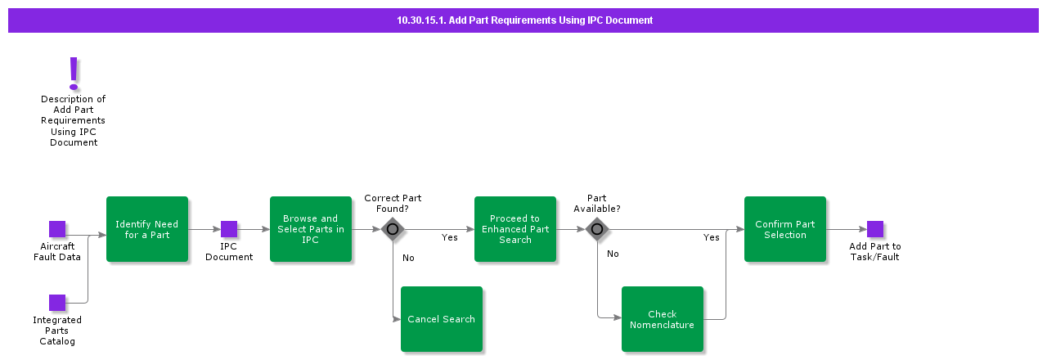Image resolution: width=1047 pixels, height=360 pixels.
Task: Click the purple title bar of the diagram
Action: coord(523,20)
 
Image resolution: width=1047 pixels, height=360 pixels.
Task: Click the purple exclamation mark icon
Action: coord(74,73)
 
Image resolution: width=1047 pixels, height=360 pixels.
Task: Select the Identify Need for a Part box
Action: coord(147,229)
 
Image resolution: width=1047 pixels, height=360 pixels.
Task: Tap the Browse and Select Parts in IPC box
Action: coord(311,229)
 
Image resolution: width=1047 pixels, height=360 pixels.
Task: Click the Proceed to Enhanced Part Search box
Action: coord(515,229)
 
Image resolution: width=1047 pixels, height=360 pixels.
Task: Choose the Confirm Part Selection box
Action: coord(785,229)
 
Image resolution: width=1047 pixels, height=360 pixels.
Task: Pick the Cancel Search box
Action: coord(442,319)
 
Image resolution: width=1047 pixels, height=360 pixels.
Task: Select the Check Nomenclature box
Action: coord(663,319)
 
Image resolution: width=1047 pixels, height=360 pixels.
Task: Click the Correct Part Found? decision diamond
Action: coord(393,229)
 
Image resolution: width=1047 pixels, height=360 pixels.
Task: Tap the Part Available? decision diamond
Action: coord(597,229)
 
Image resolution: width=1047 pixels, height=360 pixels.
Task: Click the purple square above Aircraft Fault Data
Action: coord(57,229)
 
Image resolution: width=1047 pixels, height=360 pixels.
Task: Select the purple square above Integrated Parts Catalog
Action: coord(57,303)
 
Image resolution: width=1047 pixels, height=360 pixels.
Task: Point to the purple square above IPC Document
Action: coord(229,229)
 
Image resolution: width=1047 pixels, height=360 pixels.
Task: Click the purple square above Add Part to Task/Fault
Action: coord(875,229)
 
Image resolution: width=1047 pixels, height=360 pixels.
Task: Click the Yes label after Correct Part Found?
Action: coord(450,238)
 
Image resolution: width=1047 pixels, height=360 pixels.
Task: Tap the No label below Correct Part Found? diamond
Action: coord(408,258)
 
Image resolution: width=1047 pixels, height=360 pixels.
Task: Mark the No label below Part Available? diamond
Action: coord(613,254)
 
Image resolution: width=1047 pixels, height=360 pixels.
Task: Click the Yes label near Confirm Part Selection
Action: coord(712,238)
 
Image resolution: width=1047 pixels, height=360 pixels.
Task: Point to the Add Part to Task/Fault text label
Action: coord(875,252)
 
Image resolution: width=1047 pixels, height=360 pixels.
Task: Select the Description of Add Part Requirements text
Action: coord(74,120)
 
